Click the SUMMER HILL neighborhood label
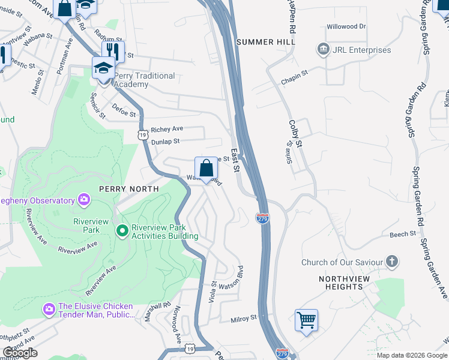coord(266,42)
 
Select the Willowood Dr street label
coord(346,27)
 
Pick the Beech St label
coord(403,234)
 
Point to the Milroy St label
coord(244,317)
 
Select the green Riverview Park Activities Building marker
coord(122,230)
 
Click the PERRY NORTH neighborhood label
coord(131,188)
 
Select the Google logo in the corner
coord(20,353)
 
